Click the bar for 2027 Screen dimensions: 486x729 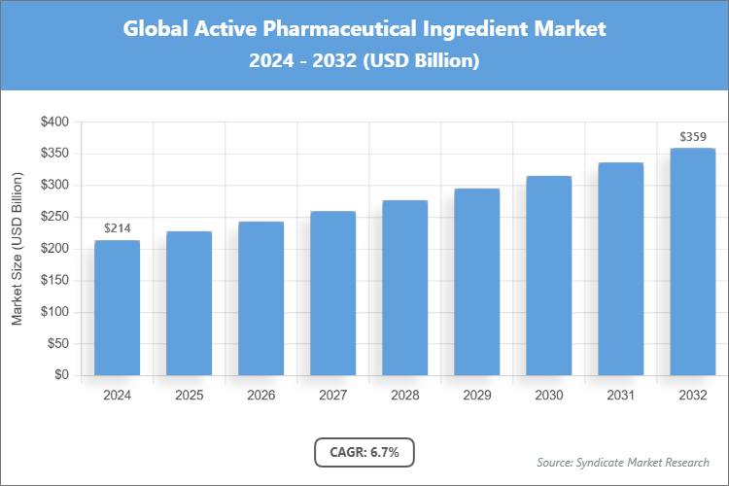click(333, 293)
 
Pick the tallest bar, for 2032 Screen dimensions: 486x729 click(693, 261)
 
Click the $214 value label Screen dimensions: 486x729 click(118, 228)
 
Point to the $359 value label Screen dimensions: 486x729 click(693, 137)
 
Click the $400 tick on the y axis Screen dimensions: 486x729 click(54, 122)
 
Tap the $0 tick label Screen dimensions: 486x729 click(61, 375)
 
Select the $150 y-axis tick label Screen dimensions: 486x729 click(54, 280)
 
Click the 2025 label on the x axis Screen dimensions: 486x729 click(190, 396)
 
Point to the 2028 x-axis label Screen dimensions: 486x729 click(405, 396)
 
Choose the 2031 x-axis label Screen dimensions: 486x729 click(621, 396)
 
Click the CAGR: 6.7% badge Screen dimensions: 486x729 click(364, 452)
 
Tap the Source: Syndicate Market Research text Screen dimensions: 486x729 click(623, 462)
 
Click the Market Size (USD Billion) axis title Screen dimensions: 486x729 click(17, 249)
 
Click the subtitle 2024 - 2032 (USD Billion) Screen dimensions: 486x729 click(364, 60)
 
